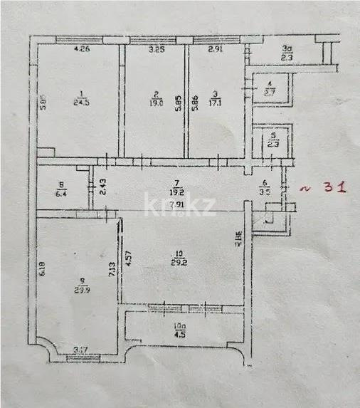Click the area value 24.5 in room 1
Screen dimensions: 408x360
click(x=84, y=101)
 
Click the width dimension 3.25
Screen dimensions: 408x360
click(x=157, y=50)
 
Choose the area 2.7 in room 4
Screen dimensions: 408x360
click(x=270, y=92)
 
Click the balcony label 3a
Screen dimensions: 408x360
click(x=287, y=50)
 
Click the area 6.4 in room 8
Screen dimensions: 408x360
click(x=61, y=192)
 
